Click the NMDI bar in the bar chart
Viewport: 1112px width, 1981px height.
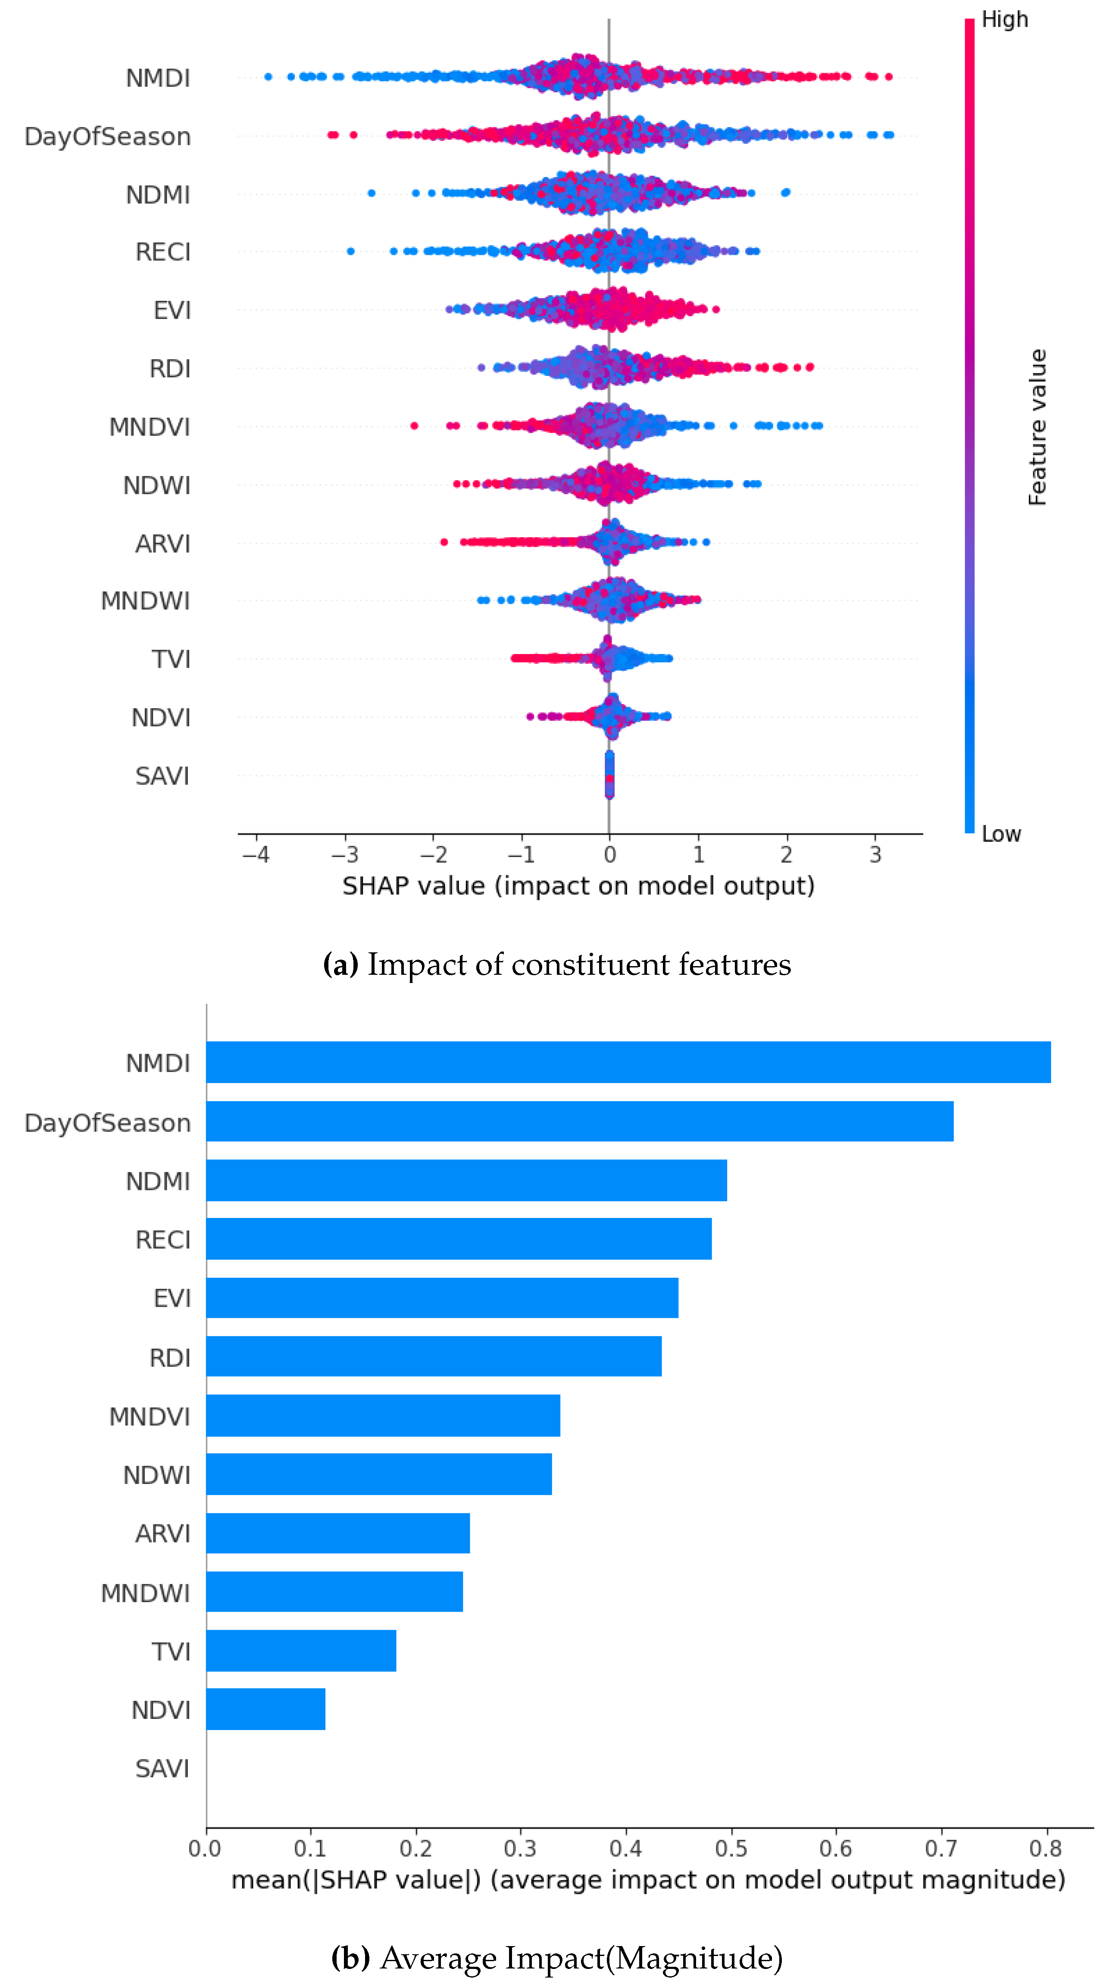(628, 1062)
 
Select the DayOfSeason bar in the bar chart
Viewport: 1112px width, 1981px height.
(579, 1121)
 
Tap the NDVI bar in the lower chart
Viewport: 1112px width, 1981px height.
(266, 1709)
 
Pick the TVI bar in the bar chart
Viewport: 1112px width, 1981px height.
(301, 1650)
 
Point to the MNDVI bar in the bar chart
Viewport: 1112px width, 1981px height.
(383, 1415)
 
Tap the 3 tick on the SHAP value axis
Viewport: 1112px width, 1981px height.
(875, 854)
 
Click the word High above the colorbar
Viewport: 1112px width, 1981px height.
(1004, 19)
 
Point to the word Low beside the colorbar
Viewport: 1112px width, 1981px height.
(1000, 834)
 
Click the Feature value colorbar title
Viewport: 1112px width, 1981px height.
(1037, 427)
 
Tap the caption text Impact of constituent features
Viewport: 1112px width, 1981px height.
(578, 964)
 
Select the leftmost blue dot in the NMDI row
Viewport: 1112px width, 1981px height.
(268, 76)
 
